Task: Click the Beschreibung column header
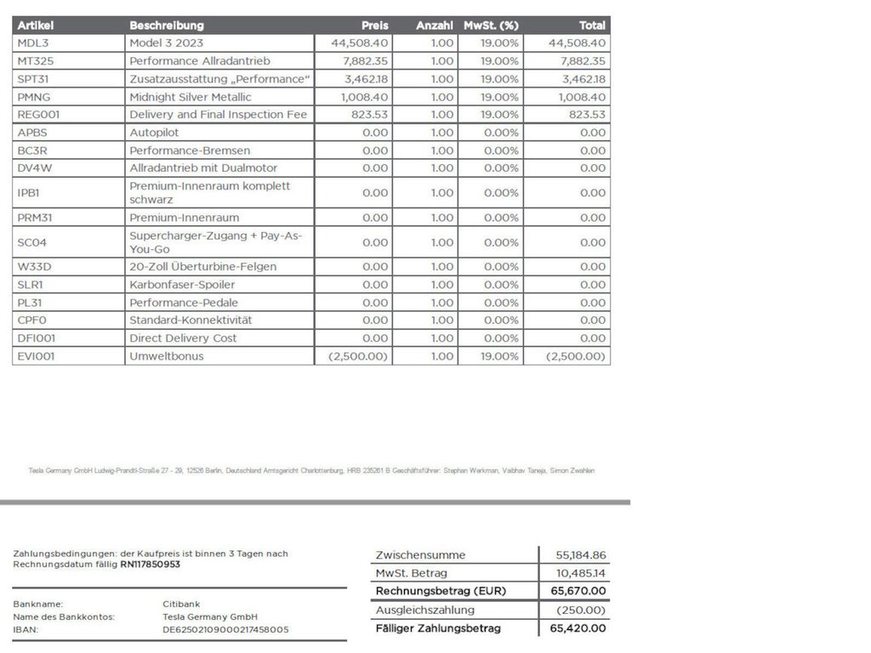pyautogui.click(x=167, y=26)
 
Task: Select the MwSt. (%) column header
pyautogui.click(x=491, y=26)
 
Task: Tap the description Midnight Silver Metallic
pyautogui.click(x=191, y=97)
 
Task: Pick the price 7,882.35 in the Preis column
pyautogui.click(x=365, y=61)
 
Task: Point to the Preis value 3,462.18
pyautogui.click(x=365, y=79)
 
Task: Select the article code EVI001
pyautogui.click(x=36, y=356)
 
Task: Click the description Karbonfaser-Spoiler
pyautogui.click(x=182, y=285)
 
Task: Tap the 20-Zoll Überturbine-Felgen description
pyautogui.click(x=202, y=267)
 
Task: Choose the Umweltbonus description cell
pyautogui.click(x=167, y=356)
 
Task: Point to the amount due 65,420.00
pyautogui.click(x=578, y=628)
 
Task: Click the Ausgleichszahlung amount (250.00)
pyautogui.click(x=581, y=610)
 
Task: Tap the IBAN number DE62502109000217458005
pyautogui.click(x=225, y=630)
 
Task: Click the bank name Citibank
pyautogui.click(x=181, y=604)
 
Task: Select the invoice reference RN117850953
pyautogui.click(x=150, y=564)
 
